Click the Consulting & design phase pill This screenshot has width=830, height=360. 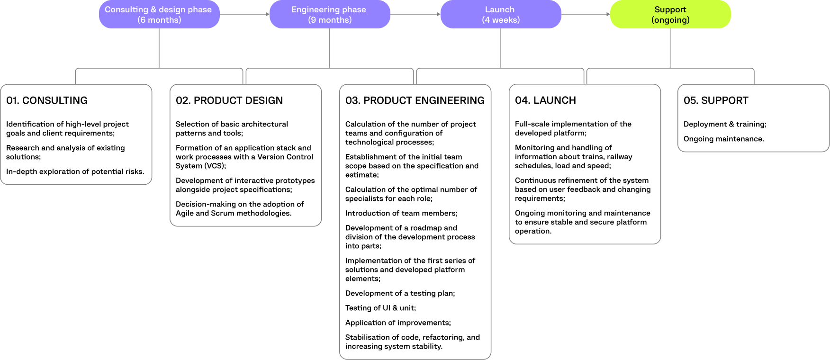(159, 14)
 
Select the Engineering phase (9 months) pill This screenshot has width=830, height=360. (329, 14)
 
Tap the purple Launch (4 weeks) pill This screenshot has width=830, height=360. (500, 14)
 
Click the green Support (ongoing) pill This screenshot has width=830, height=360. (670, 14)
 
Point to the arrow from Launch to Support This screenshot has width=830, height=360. (586, 14)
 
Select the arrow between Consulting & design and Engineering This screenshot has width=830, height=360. (244, 14)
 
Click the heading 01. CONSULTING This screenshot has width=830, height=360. (47, 100)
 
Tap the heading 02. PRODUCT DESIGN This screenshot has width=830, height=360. (229, 100)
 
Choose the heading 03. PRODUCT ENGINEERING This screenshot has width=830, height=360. (415, 100)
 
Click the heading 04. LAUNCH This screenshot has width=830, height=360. (545, 100)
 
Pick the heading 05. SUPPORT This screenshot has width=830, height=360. (716, 100)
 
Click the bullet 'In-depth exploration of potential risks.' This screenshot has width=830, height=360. (75, 171)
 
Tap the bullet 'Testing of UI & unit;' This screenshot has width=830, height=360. (380, 308)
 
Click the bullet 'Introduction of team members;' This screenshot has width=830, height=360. (401, 213)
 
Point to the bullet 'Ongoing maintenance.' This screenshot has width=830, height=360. (723, 139)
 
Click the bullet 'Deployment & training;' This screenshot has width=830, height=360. (725, 124)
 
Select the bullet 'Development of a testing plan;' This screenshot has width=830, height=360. (400, 293)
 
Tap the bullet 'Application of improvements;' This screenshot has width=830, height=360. (398, 323)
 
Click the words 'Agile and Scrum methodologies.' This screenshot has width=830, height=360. (234, 213)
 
